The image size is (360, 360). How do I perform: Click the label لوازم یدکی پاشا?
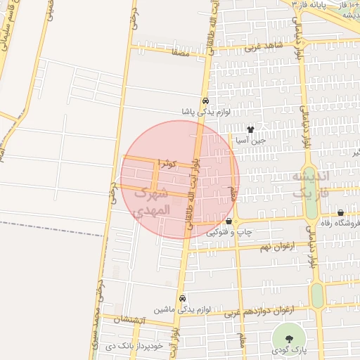point(203,112)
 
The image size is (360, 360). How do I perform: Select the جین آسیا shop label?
point(252,140)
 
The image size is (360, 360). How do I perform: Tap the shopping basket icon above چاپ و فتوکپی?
point(229,221)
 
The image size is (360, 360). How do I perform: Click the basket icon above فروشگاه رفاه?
point(341,212)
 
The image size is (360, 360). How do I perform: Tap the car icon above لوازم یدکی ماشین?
point(183,298)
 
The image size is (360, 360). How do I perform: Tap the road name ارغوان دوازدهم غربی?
point(259,309)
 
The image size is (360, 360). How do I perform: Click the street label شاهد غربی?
point(264,46)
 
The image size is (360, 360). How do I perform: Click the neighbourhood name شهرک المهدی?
point(152,200)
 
